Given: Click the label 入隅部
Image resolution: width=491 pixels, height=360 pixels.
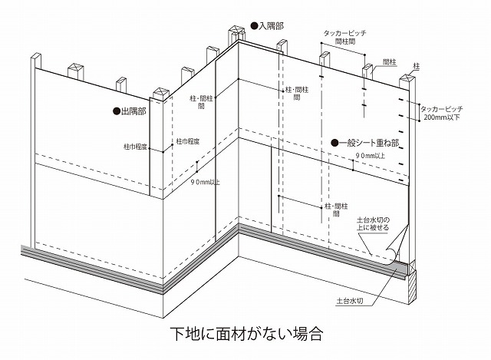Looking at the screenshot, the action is [271, 25].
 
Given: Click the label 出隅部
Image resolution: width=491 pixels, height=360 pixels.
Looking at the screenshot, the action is [133, 111].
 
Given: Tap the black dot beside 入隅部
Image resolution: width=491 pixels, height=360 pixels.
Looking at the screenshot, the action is [254, 25].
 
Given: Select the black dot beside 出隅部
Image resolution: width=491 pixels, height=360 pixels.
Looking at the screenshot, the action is [117, 111].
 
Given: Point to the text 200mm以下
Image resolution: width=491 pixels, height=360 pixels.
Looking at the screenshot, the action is [442, 117].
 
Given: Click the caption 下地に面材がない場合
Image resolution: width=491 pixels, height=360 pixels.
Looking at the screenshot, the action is [247, 334].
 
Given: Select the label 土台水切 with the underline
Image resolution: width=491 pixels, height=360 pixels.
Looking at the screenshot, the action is [350, 301].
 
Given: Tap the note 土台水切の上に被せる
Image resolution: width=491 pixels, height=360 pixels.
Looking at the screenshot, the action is [374, 223].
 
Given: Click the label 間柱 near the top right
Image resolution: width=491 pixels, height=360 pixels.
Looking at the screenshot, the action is [390, 62].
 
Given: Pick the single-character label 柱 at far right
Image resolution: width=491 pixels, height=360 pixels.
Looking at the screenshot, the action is [417, 66].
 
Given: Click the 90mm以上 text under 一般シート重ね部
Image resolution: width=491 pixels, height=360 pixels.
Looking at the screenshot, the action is [371, 155].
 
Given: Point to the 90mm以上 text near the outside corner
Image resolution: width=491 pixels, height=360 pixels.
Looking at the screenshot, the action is [205, 182].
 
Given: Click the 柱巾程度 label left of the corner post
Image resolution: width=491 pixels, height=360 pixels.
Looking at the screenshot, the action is [135, 147].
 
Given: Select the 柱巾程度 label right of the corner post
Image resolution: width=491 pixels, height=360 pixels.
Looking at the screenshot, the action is [188, 141].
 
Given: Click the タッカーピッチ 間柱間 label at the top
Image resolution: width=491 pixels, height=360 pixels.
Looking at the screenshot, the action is [344, 37].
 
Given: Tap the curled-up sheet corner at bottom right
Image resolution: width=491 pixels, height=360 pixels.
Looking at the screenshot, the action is [397, 247].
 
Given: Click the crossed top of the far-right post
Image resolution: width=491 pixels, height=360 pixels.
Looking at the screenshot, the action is [407, 78].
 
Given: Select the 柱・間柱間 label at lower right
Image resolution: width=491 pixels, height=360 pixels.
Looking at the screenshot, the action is [336, 210].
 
